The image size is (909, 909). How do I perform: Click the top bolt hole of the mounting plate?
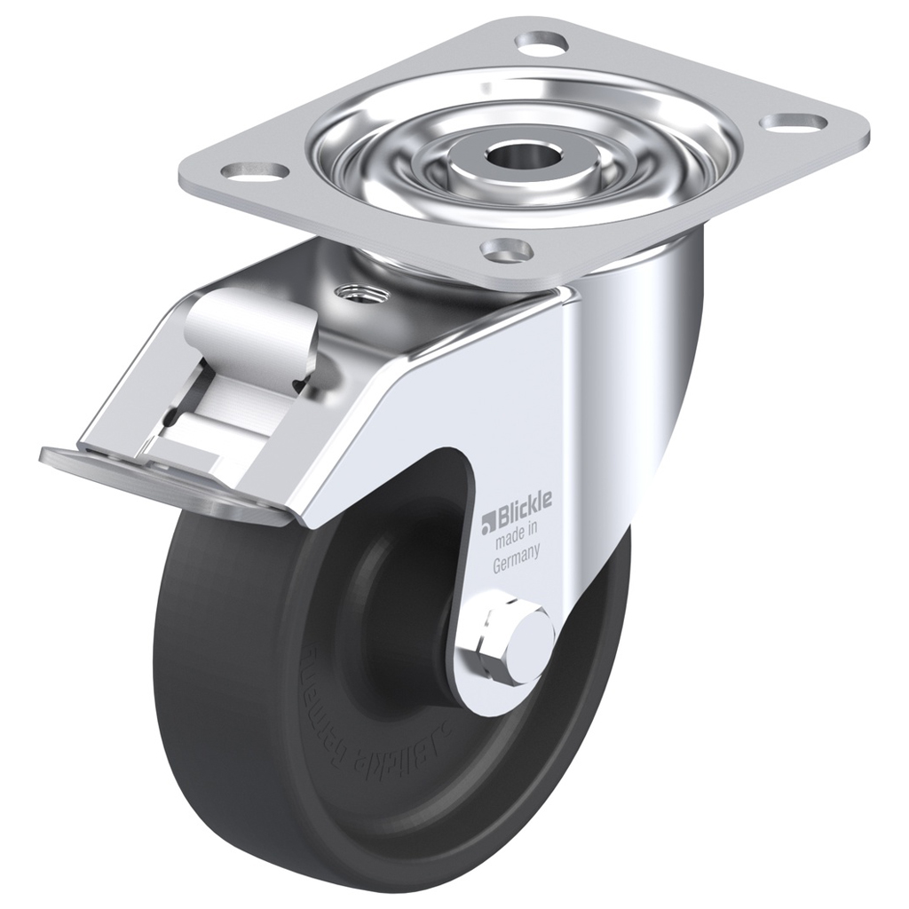coord(542,41)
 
